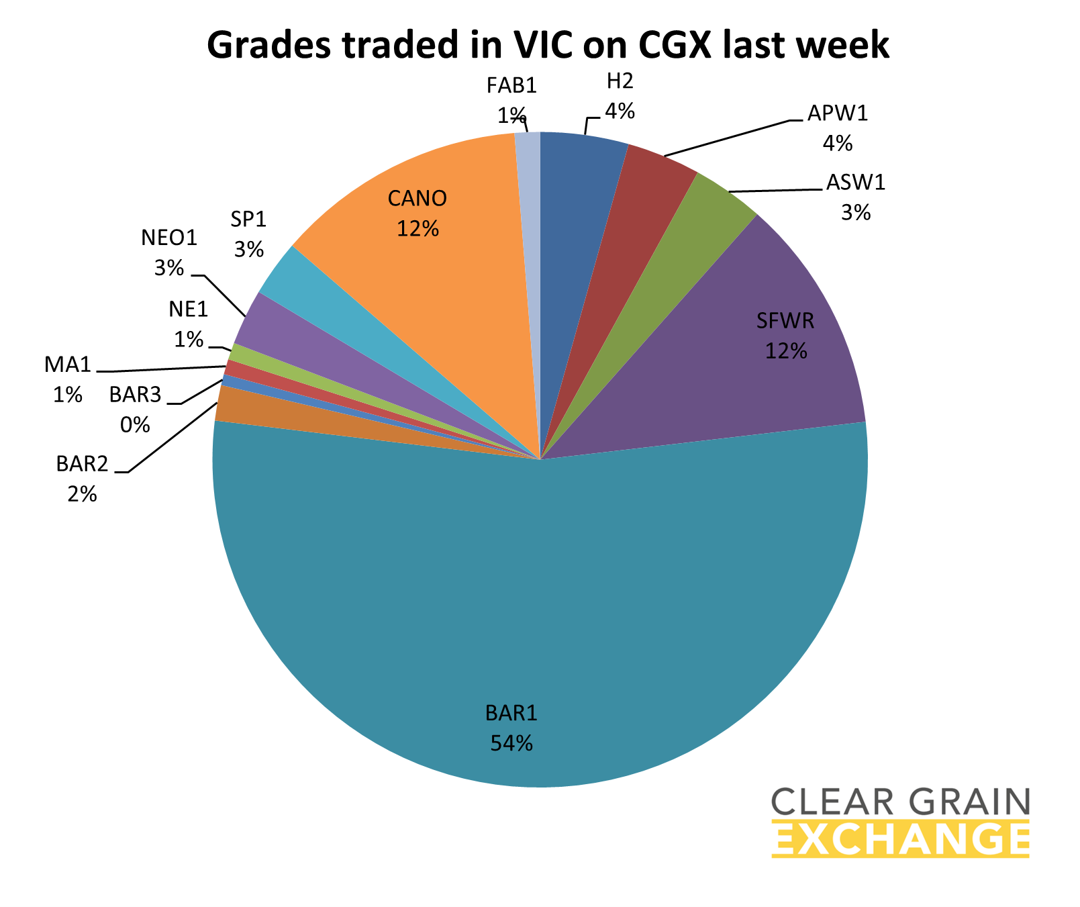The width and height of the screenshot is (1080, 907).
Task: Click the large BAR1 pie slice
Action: point(537,604)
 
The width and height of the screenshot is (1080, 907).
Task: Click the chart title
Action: point(548,46)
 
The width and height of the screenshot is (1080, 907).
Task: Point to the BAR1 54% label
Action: point(511,728)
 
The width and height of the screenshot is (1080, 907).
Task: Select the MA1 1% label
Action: point(67,379)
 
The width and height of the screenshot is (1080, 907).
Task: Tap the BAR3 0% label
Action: point(136,410)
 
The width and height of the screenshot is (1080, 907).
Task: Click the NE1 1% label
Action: point(189,324)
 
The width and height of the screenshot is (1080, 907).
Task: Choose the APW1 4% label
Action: point(838,128)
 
